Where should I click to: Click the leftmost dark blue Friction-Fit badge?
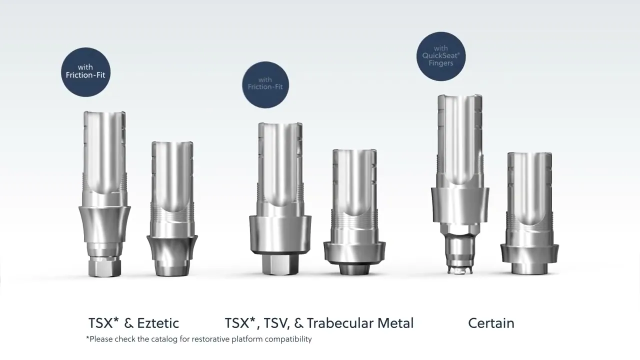point(85,72)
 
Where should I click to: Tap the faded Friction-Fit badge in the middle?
point(265,85)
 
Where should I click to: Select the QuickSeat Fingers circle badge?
point(441,56)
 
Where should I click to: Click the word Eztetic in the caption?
point(158,323)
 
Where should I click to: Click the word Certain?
point(491,323)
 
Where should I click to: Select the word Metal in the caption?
point(395,323)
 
